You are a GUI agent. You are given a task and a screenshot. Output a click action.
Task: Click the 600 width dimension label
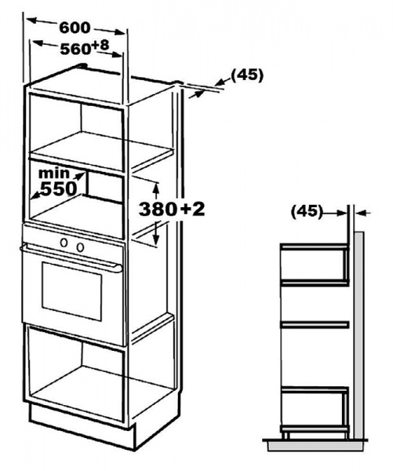click(75, 27)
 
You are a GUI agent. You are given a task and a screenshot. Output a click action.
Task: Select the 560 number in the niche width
click(75, 49)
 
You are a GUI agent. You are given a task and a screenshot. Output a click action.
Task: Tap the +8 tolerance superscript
click(100, 46)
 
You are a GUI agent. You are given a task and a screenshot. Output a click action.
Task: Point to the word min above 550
click(54, 173)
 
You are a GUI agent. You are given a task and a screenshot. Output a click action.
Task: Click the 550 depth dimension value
click(59, 189)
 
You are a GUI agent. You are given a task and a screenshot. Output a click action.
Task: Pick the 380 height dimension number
click(158, 209)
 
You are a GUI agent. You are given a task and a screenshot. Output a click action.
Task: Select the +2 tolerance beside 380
click(192, 209)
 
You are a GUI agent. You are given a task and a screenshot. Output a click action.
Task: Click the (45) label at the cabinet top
click(247, 75)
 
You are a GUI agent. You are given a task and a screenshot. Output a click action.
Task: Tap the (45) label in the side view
click(306, 211)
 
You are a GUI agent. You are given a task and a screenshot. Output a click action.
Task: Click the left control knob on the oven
click(64, 243)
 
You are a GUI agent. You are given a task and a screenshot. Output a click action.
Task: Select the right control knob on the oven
click(80, 247)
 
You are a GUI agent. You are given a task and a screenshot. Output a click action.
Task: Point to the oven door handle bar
click(71, 258)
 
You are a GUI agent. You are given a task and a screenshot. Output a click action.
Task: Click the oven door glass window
click(71, 291)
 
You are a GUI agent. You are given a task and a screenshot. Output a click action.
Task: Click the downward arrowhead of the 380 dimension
click(155, 239)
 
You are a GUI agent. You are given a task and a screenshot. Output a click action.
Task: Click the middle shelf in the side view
click(315, 324)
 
